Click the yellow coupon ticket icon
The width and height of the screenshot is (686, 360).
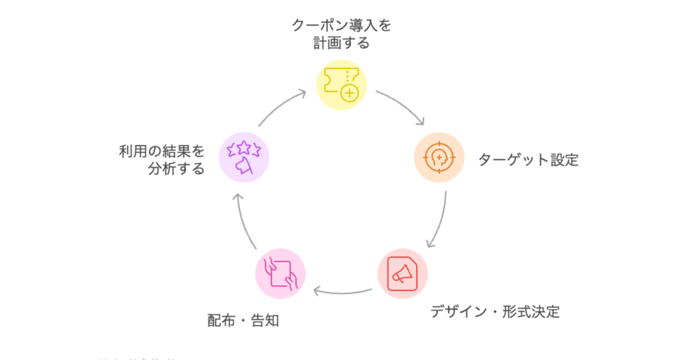point(342,85)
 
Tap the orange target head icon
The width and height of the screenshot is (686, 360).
point(438,157)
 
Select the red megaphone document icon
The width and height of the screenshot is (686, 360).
point(402,273)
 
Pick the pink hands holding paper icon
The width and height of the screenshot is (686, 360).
point(280,273)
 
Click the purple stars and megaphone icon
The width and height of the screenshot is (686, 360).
point(244,157)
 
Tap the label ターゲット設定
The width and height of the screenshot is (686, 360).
point(528,159)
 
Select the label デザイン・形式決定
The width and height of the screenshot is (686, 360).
point(494,312)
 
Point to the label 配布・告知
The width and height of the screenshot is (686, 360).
point(243,320)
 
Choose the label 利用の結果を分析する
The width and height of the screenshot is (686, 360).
point(162,160)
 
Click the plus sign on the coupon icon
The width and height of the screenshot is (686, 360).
point(349,92)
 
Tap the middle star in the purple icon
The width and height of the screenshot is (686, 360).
point(244,147)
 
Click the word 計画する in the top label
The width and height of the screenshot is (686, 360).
point(341,43)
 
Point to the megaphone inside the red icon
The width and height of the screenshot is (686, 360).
point(401,274)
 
